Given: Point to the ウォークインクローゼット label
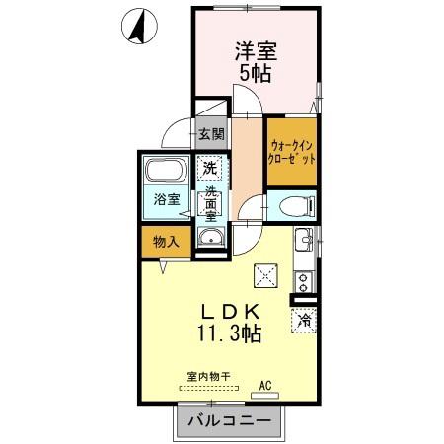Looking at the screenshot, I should (293, 152).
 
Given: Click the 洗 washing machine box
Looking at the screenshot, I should (209, 167).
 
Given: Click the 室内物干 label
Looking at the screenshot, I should (207, 376).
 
